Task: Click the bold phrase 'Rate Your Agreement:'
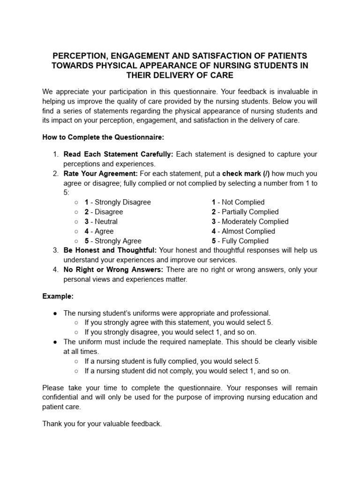coord(100,173)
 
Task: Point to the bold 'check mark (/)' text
coord(246,173)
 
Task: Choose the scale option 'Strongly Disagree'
coord(123,202)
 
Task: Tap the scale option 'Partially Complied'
coord(250,212)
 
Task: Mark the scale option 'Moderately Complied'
coord(255,221)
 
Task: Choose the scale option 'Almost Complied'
coord(248,231)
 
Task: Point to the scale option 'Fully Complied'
coord(245,241)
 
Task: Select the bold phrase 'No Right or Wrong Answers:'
coord(113,270)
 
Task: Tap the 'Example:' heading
coord(58,296)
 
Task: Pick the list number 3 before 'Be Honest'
coord(55,250)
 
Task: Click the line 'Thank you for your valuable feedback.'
coord(102,423)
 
